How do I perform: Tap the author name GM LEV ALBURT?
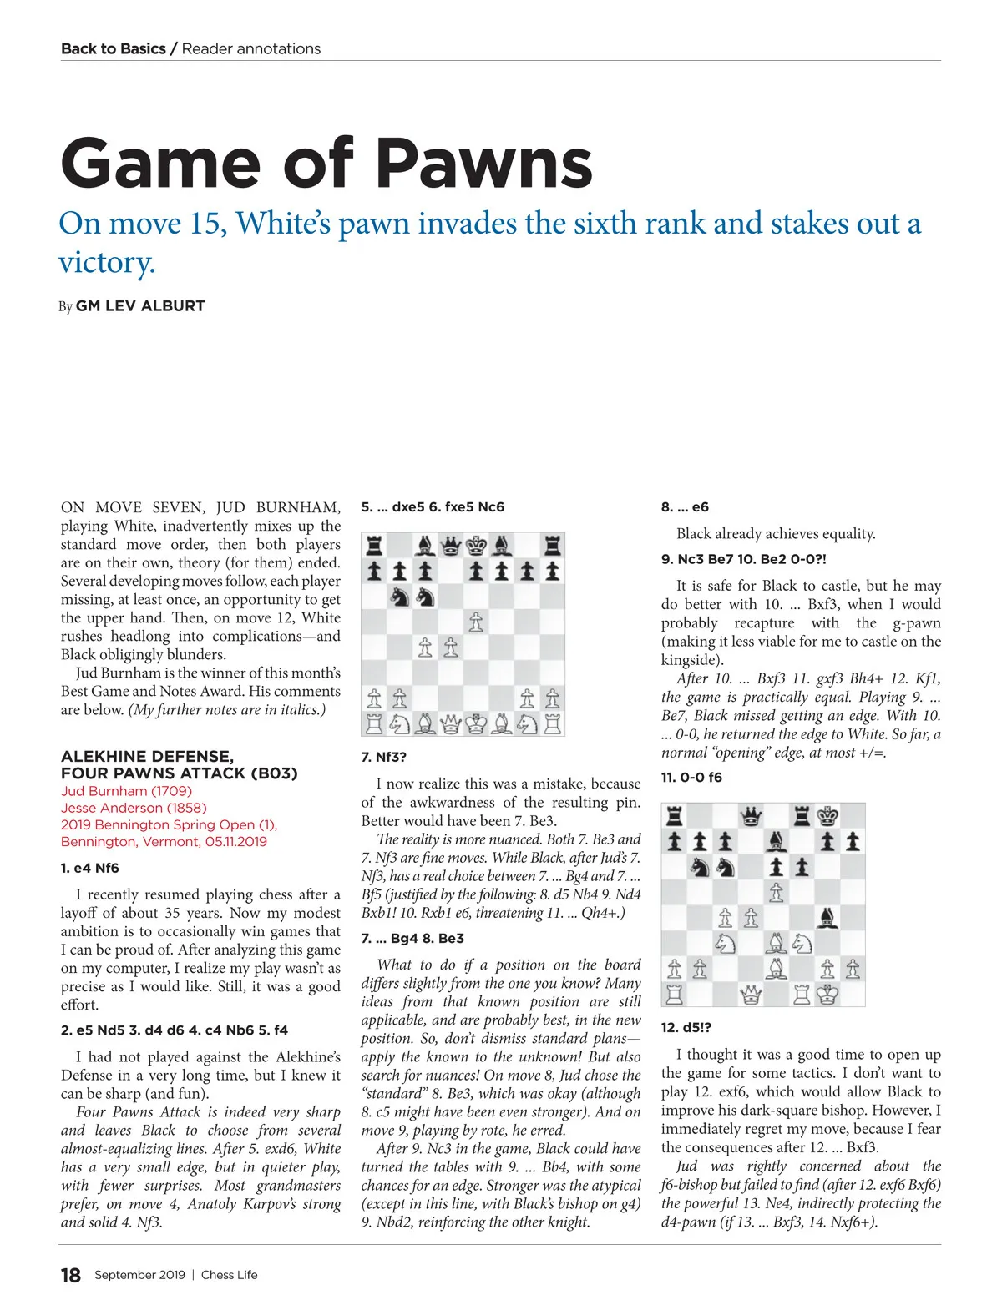point(139,306)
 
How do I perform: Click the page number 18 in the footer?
point(71,1275)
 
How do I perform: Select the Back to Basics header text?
point(114,48)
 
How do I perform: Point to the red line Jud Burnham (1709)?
point(126,791)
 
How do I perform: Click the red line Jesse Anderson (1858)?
point(134,808)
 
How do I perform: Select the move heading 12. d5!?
point(686,1027)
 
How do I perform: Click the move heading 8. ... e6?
point(685,506)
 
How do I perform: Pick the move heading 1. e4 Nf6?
point(90,868)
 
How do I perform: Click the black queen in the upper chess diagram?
point(450,547)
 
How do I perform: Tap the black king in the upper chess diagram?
point(476,547)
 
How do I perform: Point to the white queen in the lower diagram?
point(751,994)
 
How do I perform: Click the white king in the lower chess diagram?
point(827,994)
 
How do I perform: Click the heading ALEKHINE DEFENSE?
point(147,756)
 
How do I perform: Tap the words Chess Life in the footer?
point(230,1275)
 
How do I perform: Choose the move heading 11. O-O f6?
point(691,777)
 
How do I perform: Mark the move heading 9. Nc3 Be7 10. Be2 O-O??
point(743,559)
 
